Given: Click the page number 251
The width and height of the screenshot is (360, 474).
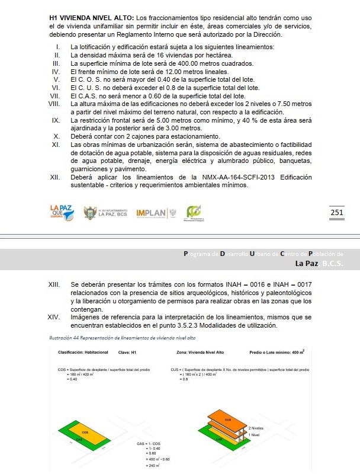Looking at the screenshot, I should coord(336,213).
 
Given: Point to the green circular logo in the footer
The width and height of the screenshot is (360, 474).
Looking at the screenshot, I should coord(194,212).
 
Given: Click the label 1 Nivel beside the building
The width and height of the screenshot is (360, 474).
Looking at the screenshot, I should coord(256,435).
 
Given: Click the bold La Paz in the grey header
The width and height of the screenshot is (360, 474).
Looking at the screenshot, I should coord(306,263).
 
